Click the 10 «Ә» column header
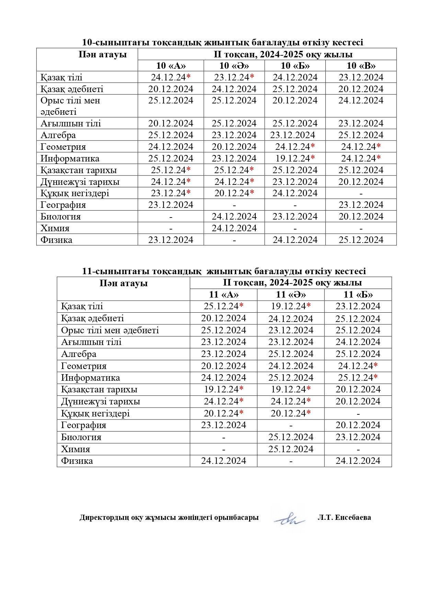(x=234, y=66)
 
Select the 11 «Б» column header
(x=358, y=294)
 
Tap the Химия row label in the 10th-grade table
(x=55, y=228)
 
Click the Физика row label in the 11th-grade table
(x=77, y=461)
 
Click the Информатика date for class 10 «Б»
(x=295, y=158)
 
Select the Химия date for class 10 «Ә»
(x=234, y=228)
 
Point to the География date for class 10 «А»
(x=171, y=205)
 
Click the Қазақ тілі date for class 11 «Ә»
(x=291, y=306)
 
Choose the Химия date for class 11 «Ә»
(x=291, y=449)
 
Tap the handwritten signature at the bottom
(x=289, y=519)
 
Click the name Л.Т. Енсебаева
(x=344, y=517)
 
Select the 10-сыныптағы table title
(x=222, y=42)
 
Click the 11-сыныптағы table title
(x=224, y=271)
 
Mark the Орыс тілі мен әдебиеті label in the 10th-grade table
(x=70, y=106)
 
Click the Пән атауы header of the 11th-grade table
(x=124, y=283)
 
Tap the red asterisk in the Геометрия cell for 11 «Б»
(x=376, y=365)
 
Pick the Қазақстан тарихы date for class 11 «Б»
(x=358, y=389)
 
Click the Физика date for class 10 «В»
(x=361, y=240)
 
